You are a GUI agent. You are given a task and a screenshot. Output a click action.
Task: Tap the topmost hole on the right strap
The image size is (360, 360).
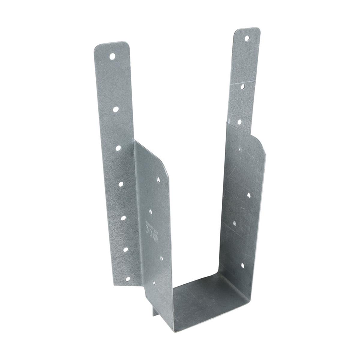(247, 38)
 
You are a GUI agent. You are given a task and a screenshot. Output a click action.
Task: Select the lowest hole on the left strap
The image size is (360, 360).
(127, 279)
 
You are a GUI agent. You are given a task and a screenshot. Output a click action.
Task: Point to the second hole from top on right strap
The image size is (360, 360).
(242, 87)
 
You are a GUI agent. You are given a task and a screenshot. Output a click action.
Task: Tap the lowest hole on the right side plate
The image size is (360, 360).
(242, 265)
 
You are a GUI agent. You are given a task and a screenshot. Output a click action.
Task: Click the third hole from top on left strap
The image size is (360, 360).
(118, 147)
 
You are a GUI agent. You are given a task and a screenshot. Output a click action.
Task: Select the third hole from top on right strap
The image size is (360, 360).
(240, 121)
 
